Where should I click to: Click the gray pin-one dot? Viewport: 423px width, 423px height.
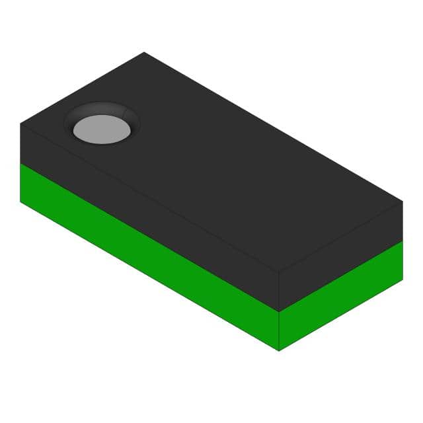pyautogui.click(x=102, y=129)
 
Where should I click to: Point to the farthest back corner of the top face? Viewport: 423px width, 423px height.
pyautogui.click(x=144, y=52)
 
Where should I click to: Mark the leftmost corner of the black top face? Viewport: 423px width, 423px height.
pyautogui.click(x=20, y=124)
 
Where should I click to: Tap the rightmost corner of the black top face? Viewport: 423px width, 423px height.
pyautogui.click(x=403, y=201)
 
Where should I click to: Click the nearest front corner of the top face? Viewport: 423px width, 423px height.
pyautogui.click(x=279, y=272)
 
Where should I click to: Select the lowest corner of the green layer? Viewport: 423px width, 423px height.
pyautogui.click(x=279, y=350)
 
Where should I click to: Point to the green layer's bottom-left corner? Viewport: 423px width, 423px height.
pyautogui.click(x=20, y=202)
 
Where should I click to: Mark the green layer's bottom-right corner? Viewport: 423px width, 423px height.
pyautogui.click(x=403, y=279)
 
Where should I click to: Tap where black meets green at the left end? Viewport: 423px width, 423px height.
pyautogui.click(x=20, y=163)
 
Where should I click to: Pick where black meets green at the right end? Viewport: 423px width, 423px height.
pyautogui.click(x=403, y=241)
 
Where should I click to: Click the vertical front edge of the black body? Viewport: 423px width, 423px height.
pyautogui.click(x=279, y=291)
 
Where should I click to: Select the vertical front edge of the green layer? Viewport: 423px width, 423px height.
pyautogui.click(x=279, y=331)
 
